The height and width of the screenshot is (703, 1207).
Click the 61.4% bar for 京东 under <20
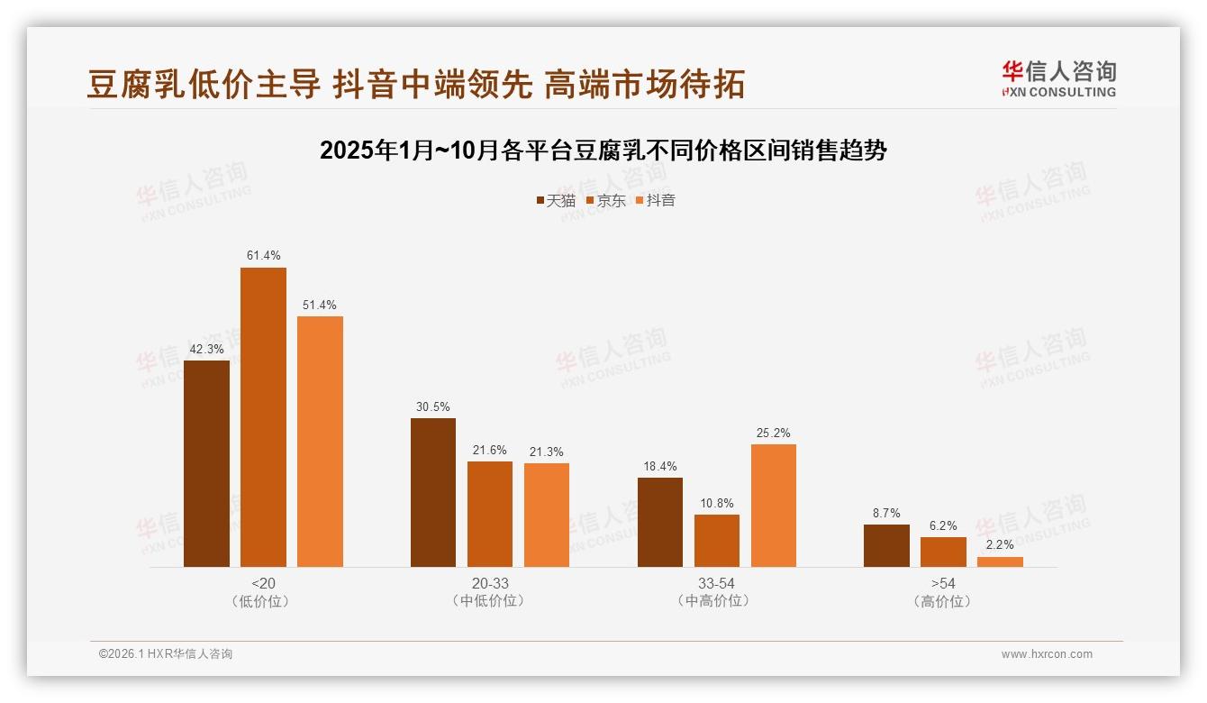(263, 417)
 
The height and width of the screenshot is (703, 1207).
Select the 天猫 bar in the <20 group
(206, 463)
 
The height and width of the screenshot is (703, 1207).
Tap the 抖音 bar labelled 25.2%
(774, 506)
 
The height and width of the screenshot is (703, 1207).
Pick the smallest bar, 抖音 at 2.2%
(1000, 561)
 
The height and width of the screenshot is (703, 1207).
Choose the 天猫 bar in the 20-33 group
(433, 492)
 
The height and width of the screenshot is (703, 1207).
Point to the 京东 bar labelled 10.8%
(717, 541)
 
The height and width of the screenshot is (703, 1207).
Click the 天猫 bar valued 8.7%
(886, 545)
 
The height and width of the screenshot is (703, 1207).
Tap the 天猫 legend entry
(556, 200)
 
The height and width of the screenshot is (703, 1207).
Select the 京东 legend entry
(606, 200)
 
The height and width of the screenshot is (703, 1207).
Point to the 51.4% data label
(320, 305)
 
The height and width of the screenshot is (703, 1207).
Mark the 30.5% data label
(433, 406)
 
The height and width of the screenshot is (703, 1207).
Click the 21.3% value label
(547, 452)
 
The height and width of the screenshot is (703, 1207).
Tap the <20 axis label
(263, 583)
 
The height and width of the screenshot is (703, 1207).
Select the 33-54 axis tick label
(716, 583)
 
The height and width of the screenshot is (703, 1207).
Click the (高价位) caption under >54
(943, 601)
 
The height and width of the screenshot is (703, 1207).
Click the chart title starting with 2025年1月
(603, 151)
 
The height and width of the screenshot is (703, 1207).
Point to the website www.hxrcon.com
(1047, 654)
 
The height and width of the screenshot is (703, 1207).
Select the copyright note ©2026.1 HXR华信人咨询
(166, 654)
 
